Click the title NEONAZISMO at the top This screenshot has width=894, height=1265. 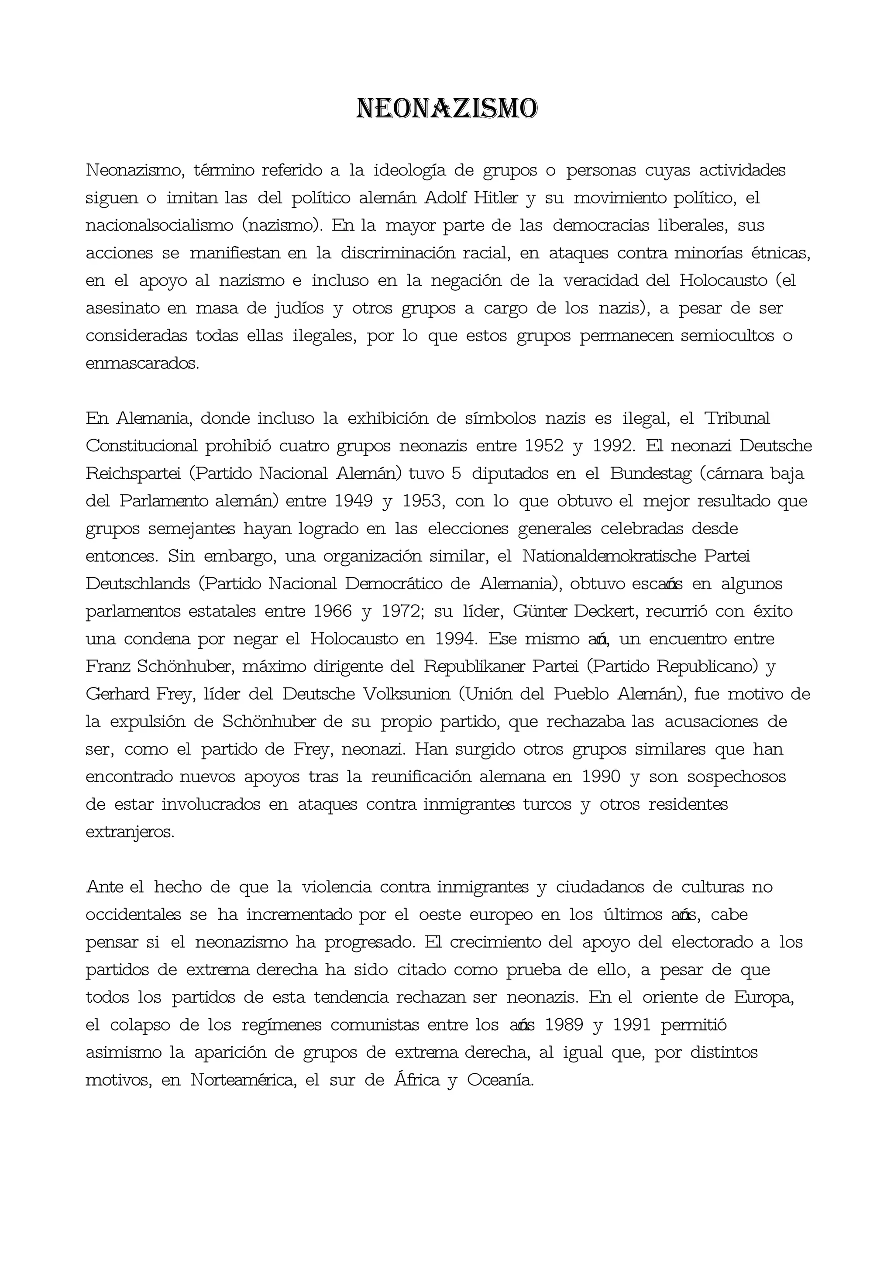tap(447, 109)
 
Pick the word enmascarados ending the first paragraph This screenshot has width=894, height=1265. tap(142, 364)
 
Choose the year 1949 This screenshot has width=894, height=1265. tap(354, 501)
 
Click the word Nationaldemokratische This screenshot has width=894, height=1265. tap(609, 556)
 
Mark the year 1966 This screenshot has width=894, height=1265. tap(333, 611)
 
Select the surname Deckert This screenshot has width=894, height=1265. tap(605, 611)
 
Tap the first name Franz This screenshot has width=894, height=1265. tap(108, 667)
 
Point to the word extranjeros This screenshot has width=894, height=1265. tap(130, 832)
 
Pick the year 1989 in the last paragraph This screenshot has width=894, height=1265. tap(564, 1025)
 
